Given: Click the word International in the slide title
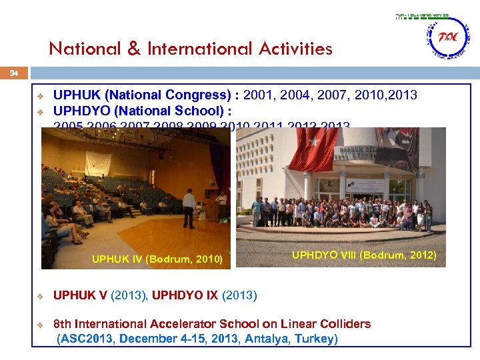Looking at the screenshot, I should click(x=191, y=49).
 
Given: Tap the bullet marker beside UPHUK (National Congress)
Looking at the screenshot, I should click(x=40, y=95).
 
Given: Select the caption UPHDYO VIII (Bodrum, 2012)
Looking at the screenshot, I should click(x=364, y=255).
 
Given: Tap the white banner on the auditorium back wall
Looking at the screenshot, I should click(x=99, y=163).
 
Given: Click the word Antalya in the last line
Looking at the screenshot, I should click(x=265, y=339).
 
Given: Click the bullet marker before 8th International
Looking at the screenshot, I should click(x=40, y=325).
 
